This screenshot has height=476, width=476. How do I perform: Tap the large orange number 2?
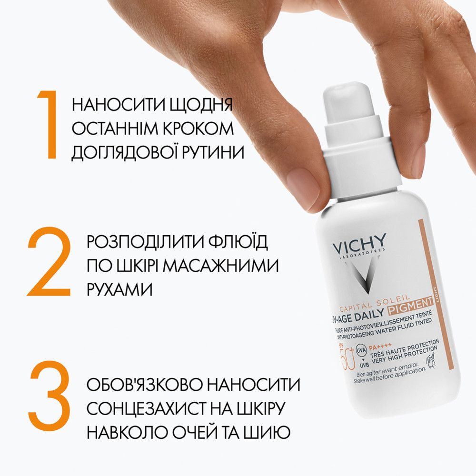49,261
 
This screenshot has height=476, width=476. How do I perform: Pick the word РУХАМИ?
119,289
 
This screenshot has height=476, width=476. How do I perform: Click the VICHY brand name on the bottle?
359,243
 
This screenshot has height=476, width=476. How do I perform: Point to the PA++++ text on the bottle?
380,346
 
